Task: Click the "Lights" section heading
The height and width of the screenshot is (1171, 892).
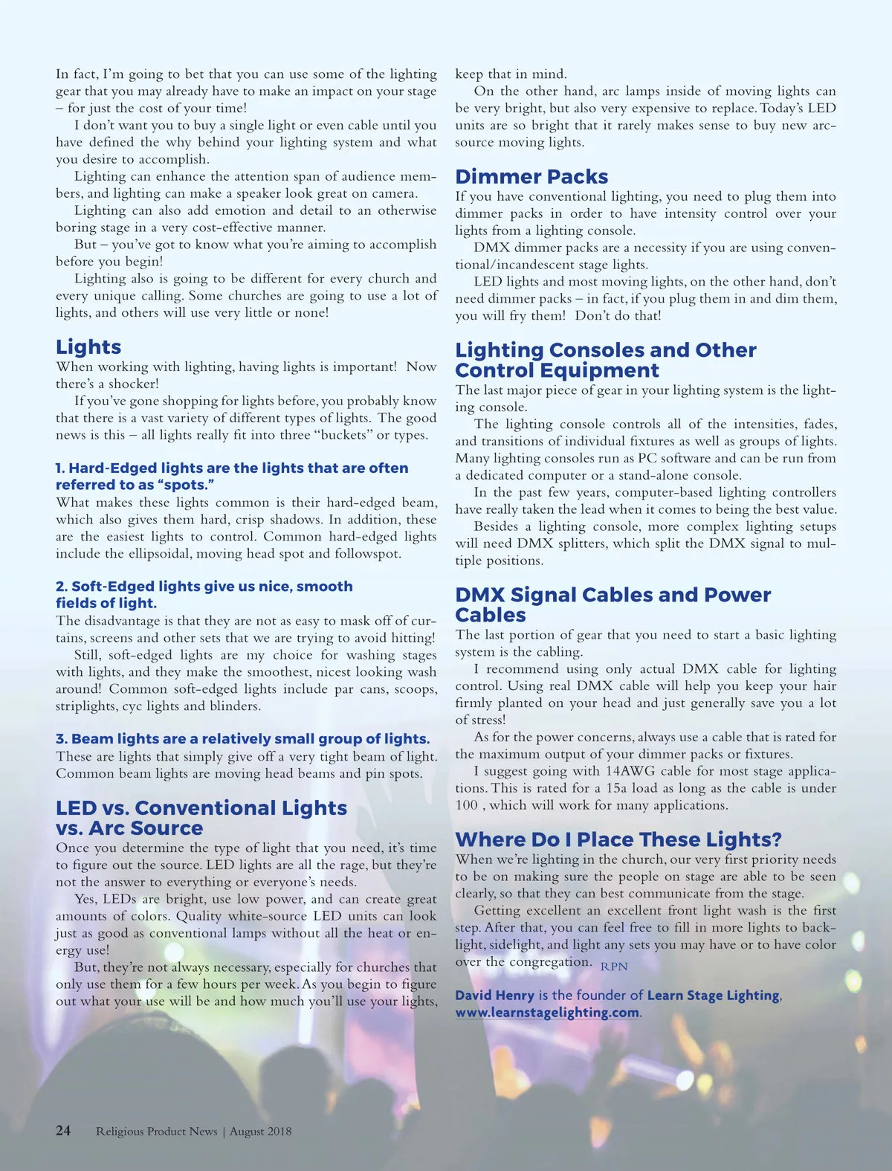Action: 88,347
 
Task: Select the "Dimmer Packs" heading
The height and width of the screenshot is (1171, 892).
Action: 531,177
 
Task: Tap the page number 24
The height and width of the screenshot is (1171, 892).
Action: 63,1131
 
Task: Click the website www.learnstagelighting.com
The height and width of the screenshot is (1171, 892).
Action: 547,1013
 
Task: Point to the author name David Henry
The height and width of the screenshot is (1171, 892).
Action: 494,996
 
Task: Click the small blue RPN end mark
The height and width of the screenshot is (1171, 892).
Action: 614,967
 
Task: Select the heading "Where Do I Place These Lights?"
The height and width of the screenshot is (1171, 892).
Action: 618,839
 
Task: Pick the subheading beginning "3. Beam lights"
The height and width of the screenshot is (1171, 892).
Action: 242,739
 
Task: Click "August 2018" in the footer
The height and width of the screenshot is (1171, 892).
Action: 260,1132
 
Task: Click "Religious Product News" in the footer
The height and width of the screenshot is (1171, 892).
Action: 156,1132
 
